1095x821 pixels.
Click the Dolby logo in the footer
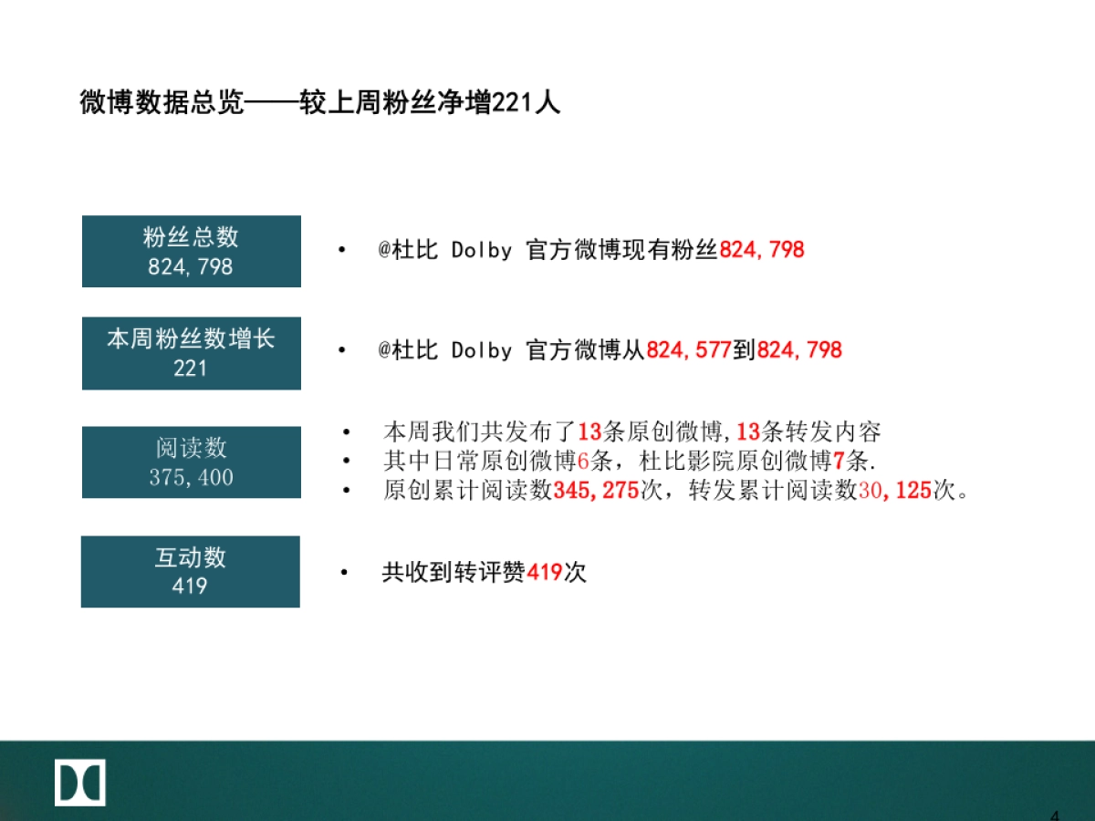(80, 782)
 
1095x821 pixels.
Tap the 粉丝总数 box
(191, 251)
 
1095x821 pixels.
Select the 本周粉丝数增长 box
(191, 353)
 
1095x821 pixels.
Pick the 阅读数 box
(191, 462)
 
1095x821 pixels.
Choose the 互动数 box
(190, 571)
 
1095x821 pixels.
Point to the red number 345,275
(595, 491)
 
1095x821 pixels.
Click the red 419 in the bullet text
(545, 573)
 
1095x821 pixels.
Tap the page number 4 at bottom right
(1055, 815)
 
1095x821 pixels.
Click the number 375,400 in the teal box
(191, 477)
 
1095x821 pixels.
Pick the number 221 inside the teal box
(191, 369)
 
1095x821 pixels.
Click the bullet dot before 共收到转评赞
(344, 573)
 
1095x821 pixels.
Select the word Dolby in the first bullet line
(481, 250)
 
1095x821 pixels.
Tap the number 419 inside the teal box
(190, 586)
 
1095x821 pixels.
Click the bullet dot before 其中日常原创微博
(346, 462)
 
